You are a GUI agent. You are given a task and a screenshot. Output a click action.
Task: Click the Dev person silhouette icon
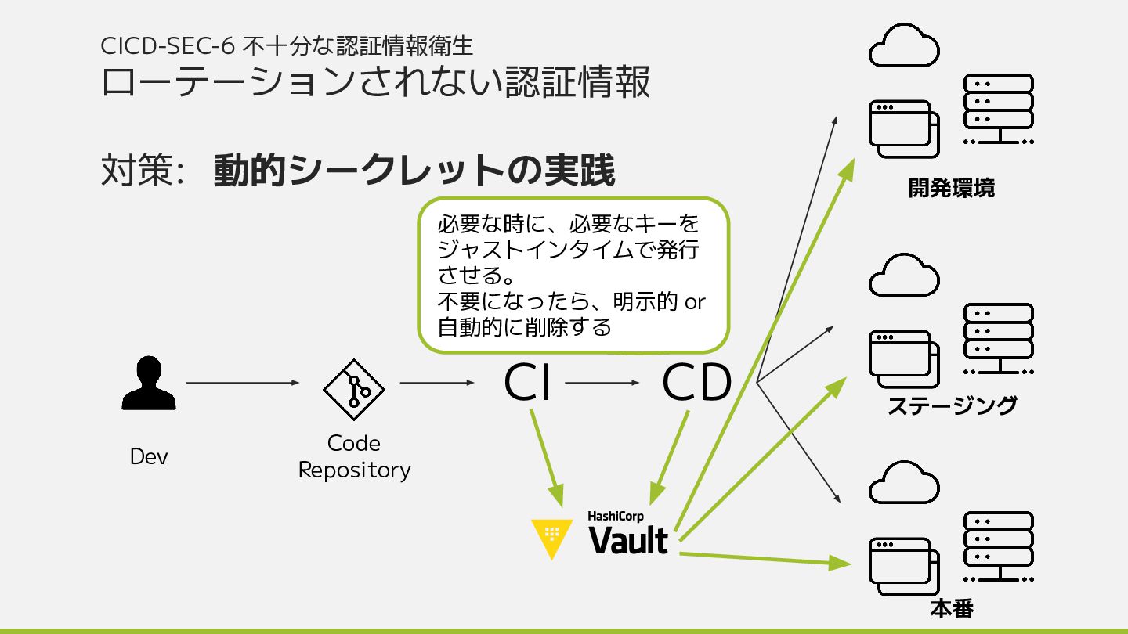149,383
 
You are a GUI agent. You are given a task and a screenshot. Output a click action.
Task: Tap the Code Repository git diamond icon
354,390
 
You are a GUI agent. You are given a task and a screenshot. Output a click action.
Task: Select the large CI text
527,383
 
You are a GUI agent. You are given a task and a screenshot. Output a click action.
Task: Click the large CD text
697,383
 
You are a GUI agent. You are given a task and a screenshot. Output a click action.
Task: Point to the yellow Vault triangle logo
552,538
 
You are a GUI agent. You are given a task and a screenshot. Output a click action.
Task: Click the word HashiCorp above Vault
616,517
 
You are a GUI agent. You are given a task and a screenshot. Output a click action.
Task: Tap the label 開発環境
951,188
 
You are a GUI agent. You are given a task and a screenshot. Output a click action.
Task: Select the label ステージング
952,405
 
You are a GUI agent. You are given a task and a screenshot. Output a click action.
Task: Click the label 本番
952,609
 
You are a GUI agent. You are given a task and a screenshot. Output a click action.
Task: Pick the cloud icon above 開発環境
904,46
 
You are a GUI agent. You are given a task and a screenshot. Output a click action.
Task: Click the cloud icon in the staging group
904,276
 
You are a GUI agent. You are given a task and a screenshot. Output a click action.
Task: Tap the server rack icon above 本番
999,546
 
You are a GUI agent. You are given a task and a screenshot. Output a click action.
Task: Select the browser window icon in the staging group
904,359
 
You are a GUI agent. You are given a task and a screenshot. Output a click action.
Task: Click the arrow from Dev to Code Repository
243,383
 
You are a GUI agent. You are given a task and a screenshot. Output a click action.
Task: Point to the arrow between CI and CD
602,383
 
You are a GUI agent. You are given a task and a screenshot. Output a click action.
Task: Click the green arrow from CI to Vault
547,458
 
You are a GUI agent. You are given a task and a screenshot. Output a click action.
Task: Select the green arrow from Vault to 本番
765,559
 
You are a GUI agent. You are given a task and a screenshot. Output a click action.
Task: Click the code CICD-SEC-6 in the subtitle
168,46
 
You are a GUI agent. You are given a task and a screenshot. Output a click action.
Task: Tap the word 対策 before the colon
136,170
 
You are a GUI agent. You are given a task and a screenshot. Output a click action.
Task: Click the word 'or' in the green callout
695,302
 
